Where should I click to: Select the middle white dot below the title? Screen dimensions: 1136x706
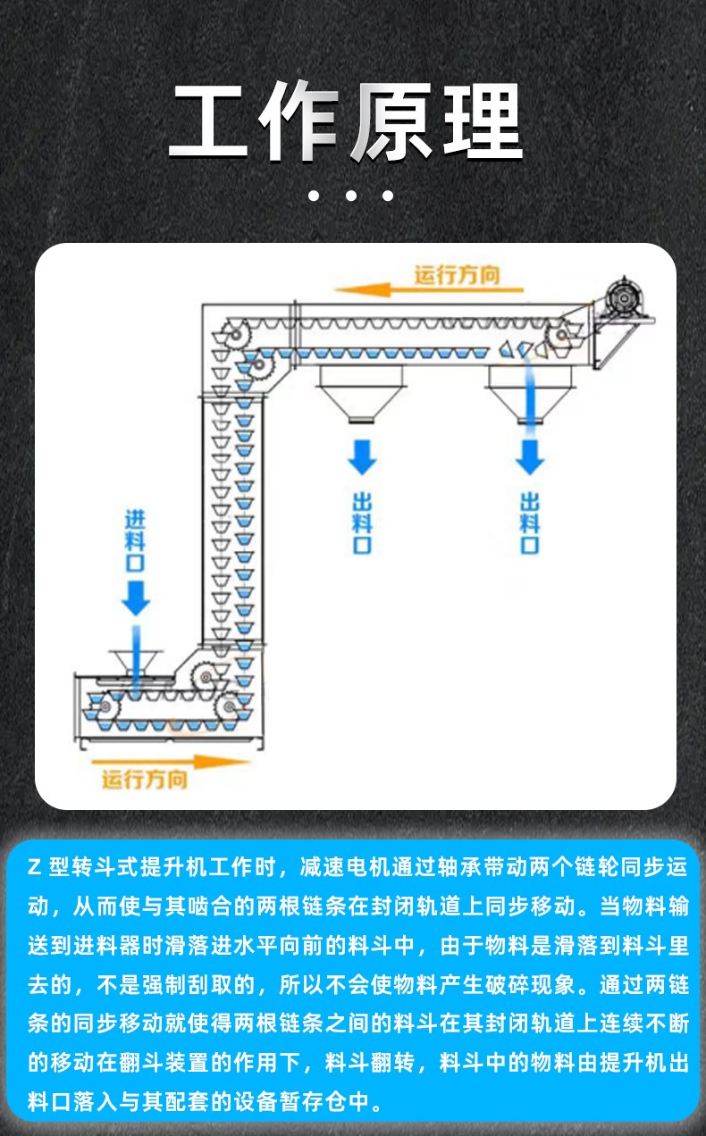click(351, 196)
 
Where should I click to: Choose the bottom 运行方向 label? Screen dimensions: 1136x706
click(144, 780)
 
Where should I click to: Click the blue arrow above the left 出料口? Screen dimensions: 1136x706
click(362, 455)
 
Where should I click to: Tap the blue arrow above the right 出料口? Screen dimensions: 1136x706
click(530, 455)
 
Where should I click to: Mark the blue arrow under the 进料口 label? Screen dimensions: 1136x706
click(136, 596)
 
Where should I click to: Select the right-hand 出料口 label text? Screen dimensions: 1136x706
click(530, 522)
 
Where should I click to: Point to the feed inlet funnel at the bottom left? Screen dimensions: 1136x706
click(136, 663)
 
